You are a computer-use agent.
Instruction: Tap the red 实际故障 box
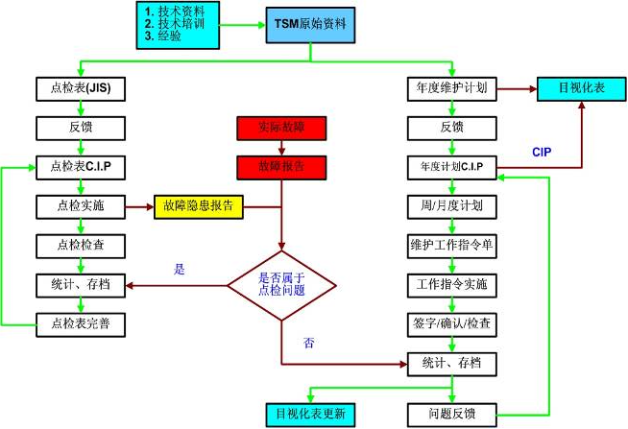pos(281,128)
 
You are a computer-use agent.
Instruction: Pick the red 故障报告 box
pos(281,166)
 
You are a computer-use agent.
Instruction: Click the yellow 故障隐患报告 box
pos(199,205)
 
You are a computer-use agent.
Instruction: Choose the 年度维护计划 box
pos(450,89)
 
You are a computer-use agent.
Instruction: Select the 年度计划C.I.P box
pos(450,166)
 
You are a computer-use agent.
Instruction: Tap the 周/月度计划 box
pos(450,205)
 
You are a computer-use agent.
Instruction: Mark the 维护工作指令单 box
pos(450,245)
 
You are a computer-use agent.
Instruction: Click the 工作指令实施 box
pos(450,284)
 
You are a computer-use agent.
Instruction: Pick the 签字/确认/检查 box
pos(450,323)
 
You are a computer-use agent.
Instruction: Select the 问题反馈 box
pos(450,414)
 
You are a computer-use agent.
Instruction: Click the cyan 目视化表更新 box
pos(310,414)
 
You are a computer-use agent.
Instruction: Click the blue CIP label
pos(543,153)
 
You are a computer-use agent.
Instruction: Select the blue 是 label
pos(179,270)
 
